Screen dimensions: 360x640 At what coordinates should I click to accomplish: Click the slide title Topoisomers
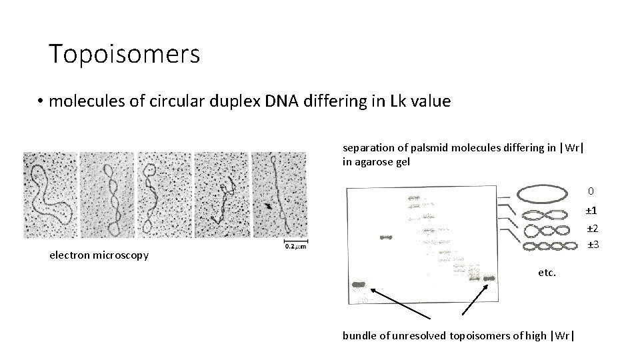124,54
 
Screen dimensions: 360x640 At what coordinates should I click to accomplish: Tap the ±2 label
592,229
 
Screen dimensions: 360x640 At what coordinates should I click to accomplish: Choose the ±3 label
592,245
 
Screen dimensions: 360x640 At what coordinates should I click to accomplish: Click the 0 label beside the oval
591,191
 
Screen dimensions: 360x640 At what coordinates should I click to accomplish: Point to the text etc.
547,272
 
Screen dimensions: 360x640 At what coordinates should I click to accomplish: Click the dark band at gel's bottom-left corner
359,285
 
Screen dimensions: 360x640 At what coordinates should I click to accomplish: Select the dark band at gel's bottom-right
490,278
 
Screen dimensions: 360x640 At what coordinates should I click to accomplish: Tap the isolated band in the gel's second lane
387,238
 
